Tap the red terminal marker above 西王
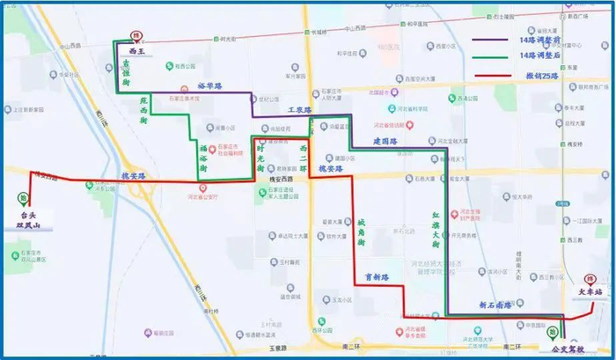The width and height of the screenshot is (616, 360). (x=136, y=36)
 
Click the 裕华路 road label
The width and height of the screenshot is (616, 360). (x=209, y=86)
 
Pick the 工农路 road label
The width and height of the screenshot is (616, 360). (x=301, y=110)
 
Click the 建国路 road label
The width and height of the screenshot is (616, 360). (x=385, y=141)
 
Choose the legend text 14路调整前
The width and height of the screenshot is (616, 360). (x=543, y=40)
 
